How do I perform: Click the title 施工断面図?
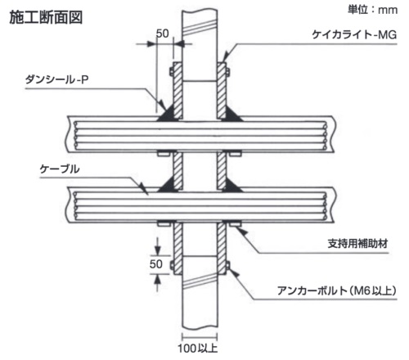pyautogui.click(x=46, y=18)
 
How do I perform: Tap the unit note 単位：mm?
pyautogui.click(x=372, y=10)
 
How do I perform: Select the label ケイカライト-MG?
pyautogui.click(x=354, y=35)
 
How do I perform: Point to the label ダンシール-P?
pyautogui.click(x=56, y=79)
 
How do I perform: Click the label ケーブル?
pyautogui.click(x=60, y=169)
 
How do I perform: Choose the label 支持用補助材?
pyautogui.click(x=357, y=244)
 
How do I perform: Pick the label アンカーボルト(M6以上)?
pyautogui.click(x=337, y=290)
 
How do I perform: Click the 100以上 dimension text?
pyautogui.click(x=198, y=349)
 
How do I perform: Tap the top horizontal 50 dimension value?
pyautogui.click(x=163, y=34)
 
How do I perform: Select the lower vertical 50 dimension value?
pyautogui.click(x=156, y=264)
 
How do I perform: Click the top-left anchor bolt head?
pyautogui.click(x=172, y=72)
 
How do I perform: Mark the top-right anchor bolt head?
pyautogui.click(x=227, y=72)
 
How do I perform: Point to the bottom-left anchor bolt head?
pyautogui.click(x=172, y=265)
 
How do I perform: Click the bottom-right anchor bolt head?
pyautogui.click(x=227, y=265)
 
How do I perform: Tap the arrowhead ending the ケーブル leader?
pyautogui.click(x=144, y=188)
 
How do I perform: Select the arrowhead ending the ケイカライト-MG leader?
pyautogui.click(x=225, y=58)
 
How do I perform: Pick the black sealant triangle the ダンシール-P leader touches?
pyautogui.click(x=167, y=114)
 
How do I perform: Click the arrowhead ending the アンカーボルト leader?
pyautogui.click(x=234, y=272)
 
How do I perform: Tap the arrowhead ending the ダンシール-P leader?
pyautogui.click(x=162, y=105)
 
